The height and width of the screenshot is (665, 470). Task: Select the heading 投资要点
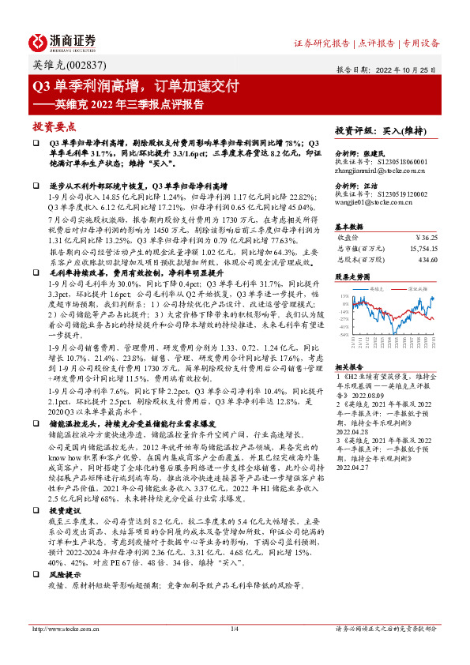(x=54, y=126)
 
